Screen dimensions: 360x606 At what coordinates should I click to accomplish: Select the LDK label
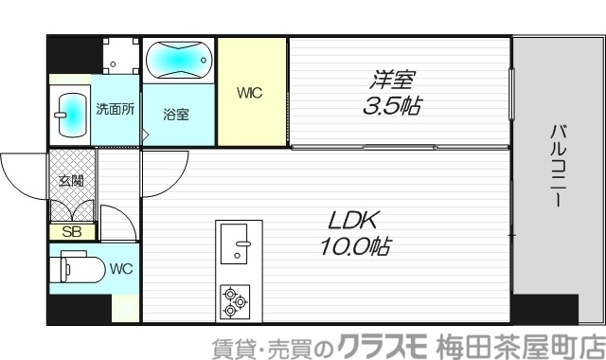(x=353, y=222)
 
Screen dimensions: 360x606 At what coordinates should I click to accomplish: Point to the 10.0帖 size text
(x=354, y=247)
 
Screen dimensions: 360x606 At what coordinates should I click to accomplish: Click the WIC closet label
(x=250, y=93)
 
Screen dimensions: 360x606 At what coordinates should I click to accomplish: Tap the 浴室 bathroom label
(x=176, y=115)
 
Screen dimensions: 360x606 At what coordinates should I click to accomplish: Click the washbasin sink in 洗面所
(x=69, y=113)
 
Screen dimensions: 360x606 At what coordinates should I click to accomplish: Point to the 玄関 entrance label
(x=71, y=180)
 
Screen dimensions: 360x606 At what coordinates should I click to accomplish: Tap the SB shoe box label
(x=72, y=231)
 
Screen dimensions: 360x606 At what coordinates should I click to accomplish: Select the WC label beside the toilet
(x=120, y=268)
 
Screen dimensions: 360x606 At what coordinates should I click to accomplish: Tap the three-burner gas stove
(x=234, y=302)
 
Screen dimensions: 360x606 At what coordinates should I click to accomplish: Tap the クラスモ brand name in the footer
(x=383, y=346)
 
